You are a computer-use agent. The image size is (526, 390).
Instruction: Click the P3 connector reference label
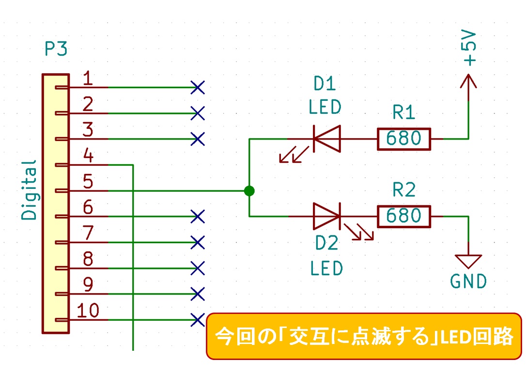[x=56, y=49]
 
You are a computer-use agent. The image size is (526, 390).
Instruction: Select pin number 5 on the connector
[x=88, y=182]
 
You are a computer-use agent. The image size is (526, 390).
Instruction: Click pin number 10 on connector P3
[x=88, y=311]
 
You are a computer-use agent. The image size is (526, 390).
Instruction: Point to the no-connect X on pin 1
[x=198, y=88]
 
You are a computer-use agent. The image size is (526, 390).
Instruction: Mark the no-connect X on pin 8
[x=198, y=267]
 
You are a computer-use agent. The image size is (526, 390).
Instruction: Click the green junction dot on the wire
[x=249, y=191]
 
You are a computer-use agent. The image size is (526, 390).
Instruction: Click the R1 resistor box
[x=403, y=139]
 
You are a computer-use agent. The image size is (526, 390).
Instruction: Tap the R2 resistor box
[x=403, y=216]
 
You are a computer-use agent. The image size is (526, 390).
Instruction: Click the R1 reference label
[x=403, y=113]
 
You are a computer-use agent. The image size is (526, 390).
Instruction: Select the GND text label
[x=468, y=281]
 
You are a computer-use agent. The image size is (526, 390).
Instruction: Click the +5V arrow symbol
[x=468, y=81]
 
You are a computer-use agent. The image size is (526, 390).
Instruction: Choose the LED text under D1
[x=325, y=107]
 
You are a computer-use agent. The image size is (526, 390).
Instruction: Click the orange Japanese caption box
[x=364, y=336]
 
